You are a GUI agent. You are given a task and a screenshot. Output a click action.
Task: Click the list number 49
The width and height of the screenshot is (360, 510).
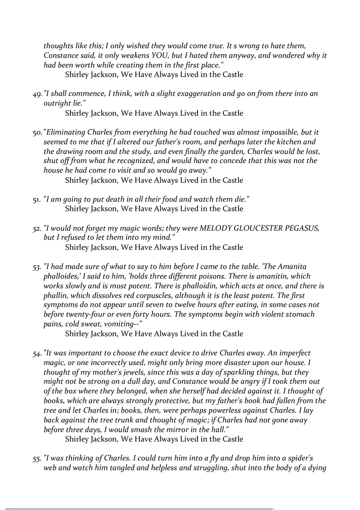37,94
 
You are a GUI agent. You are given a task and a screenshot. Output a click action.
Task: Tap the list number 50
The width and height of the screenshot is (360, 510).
37,133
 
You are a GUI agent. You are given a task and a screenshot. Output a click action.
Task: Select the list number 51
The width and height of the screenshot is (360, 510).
36,199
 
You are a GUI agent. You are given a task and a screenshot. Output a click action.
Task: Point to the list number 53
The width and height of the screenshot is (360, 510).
37,267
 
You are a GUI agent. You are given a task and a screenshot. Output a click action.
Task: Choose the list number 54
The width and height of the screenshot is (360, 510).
37,353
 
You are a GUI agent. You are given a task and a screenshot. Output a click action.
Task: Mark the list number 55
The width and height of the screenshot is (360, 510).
37,458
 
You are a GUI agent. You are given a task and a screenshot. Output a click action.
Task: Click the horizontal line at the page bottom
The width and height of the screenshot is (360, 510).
139,509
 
